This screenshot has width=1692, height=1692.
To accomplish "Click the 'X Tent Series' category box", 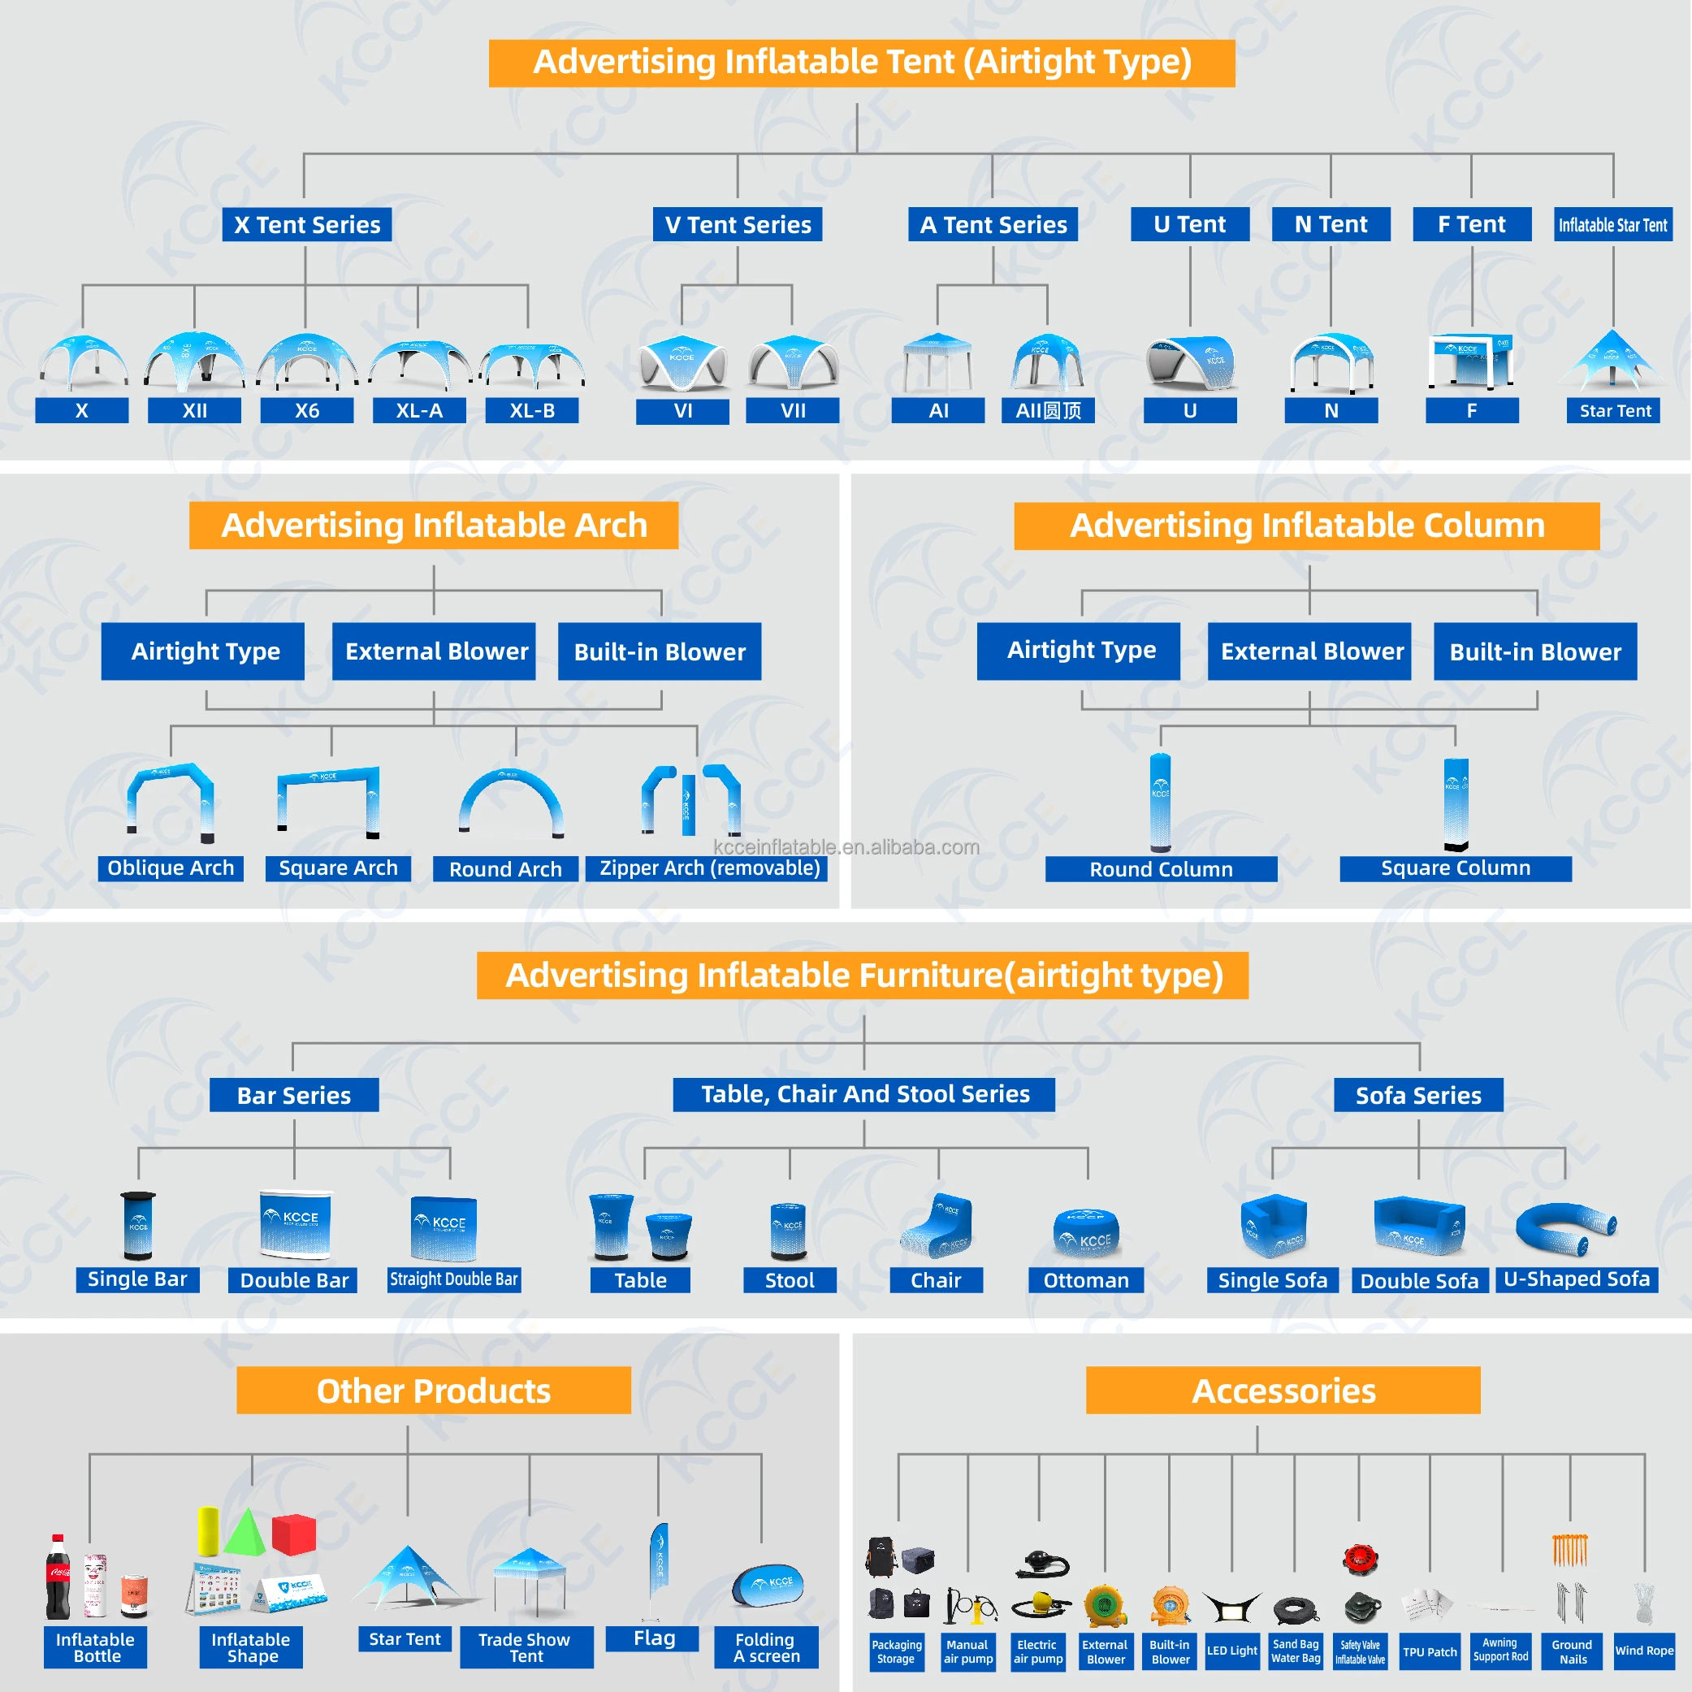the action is [x=306, y=224].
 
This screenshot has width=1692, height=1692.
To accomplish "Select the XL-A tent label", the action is [x=418, y=411].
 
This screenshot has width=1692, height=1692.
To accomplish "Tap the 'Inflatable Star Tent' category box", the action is [x=1612, y=224].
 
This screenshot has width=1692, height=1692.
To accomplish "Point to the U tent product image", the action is [x=1190, y=361].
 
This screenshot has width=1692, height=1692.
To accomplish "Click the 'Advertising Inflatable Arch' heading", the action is [x=434, y=526].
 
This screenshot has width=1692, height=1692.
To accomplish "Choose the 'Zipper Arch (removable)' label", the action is [x=708, y=868].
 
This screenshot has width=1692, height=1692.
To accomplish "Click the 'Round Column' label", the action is [x=1161, y=869].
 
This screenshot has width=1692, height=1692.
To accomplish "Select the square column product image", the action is [x=1456, y=804].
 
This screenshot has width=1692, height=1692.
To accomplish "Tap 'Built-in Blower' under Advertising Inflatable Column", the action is [x=1534, y=651].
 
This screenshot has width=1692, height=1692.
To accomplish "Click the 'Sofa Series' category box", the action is [x=1418, y=1095].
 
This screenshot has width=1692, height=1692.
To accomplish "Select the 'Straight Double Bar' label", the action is [x=453, y=1279].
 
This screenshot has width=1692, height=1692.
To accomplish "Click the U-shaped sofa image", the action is [x=1566, y=1228].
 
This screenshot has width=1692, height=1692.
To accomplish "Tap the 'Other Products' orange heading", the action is [x=434, y=1391].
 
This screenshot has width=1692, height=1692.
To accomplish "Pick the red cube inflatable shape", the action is [x=293, y=1534].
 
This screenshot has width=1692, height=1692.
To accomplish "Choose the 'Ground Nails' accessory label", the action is [x=1572, y=1651].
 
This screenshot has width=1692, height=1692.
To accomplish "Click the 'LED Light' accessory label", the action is [x=1231, y=1651].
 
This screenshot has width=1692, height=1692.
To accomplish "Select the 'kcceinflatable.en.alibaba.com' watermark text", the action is [x=846, y=847].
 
